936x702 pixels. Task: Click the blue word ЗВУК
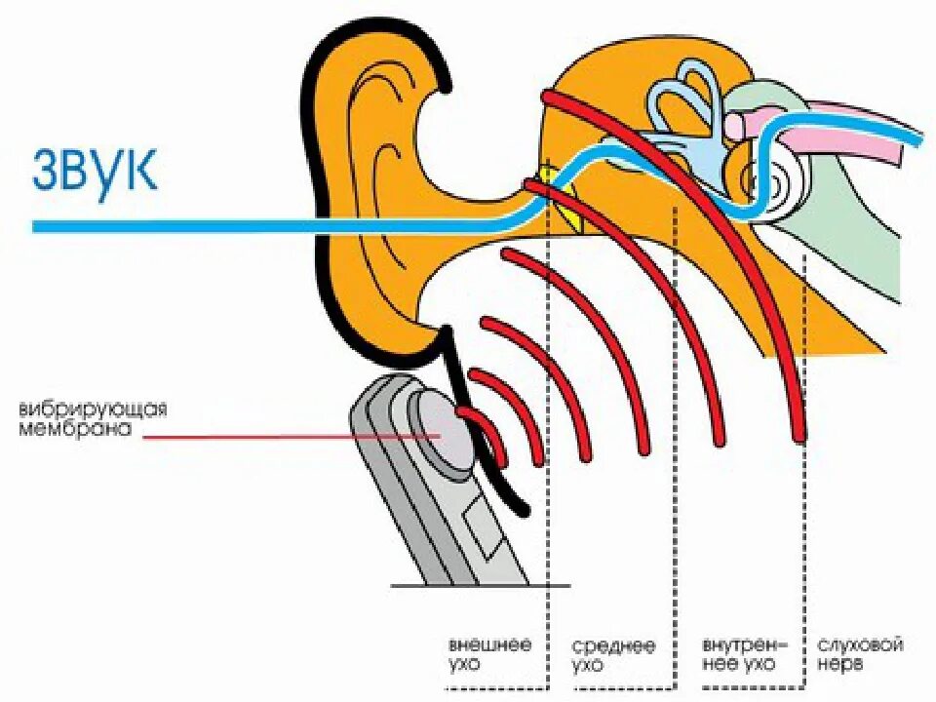[x=95, y=170]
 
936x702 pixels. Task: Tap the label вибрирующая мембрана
[x=92, y=417]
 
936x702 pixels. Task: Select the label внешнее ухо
[x=489, y=655]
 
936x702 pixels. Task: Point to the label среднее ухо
[x=613, y=655]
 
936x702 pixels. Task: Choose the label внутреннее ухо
[x=739, y=654]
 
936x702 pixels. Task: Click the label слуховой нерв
[x=861, y=654]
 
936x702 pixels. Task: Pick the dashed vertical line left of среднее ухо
[x=549, y=487]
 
